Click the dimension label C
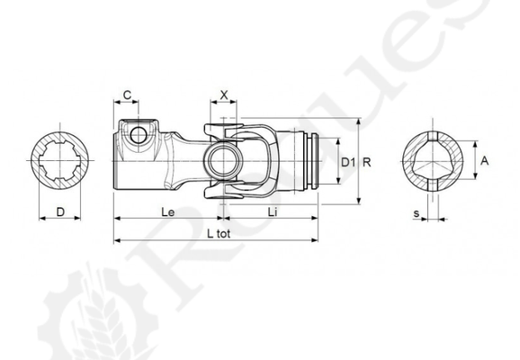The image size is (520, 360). (x=127, y=95)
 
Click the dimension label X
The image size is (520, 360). (x=224, y=95)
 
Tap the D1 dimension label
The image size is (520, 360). (x=348, y=163)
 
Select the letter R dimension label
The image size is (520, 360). (x=367, y=163)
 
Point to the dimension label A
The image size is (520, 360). (x=485, y=161)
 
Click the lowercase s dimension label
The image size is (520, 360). (x=417, y=213)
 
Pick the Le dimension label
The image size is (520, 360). (x=168, y=212)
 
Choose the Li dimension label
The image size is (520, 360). (x=273, y=212)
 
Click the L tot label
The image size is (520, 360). (x=219, y=234)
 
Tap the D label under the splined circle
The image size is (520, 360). (x=60, y=211)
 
